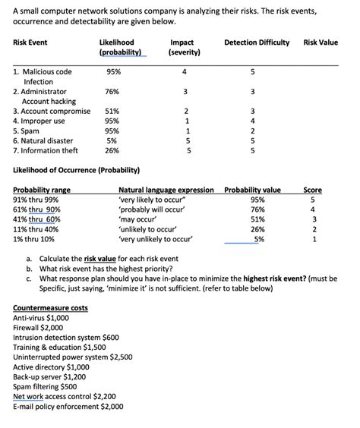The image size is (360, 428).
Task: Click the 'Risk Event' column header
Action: (31, 42)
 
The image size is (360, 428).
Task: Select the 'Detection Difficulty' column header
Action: (257, 42)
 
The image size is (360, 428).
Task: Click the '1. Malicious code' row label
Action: (43, 72)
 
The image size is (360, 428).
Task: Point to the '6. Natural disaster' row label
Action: (43, 140)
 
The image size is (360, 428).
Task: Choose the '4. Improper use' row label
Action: (39, 121)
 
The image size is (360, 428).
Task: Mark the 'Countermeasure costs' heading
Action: (50, 307)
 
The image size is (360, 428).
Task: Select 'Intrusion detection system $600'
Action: (66, 337)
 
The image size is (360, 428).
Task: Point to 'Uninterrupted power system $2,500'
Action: (73, 357)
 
